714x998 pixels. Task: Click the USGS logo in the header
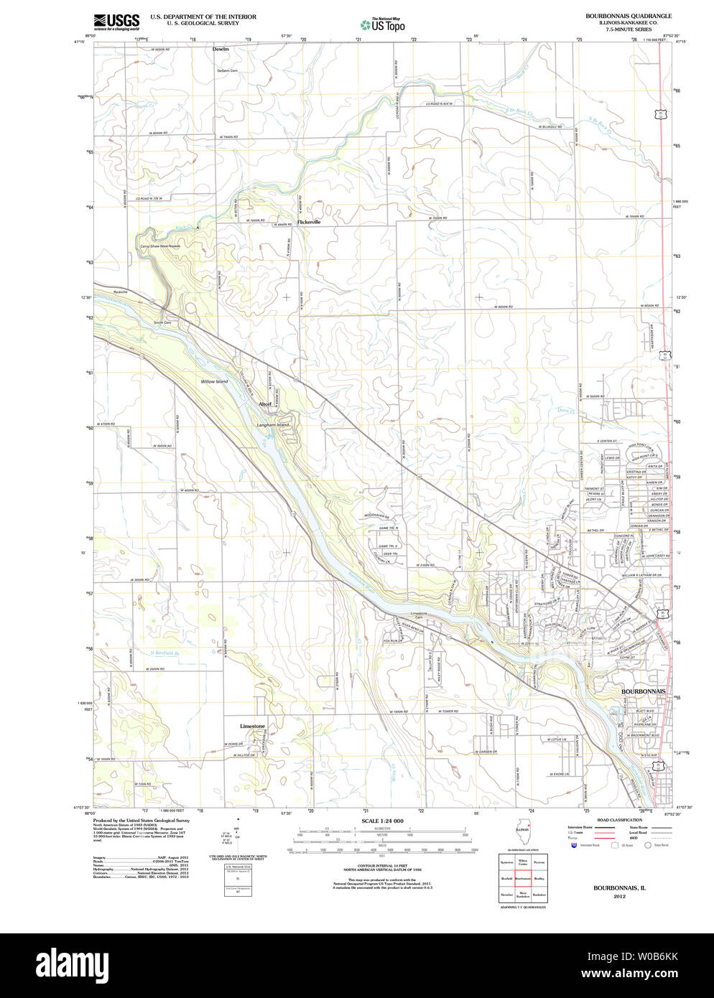point(116,22)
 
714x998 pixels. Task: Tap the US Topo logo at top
point(383,24)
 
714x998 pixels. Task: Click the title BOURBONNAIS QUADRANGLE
point(629,16)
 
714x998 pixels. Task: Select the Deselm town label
point(221,49)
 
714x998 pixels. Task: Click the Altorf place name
point(265,404)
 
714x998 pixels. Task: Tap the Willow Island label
point(214,381)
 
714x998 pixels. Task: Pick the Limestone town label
point(252,726)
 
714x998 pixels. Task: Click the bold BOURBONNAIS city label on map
point(643,691)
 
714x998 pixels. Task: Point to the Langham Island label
point(273,425)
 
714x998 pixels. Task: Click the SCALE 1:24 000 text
point(382,821)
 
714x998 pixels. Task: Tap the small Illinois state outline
point(522,827)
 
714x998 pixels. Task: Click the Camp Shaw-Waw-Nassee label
point(160,246)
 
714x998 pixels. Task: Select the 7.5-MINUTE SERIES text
point(629,29)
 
